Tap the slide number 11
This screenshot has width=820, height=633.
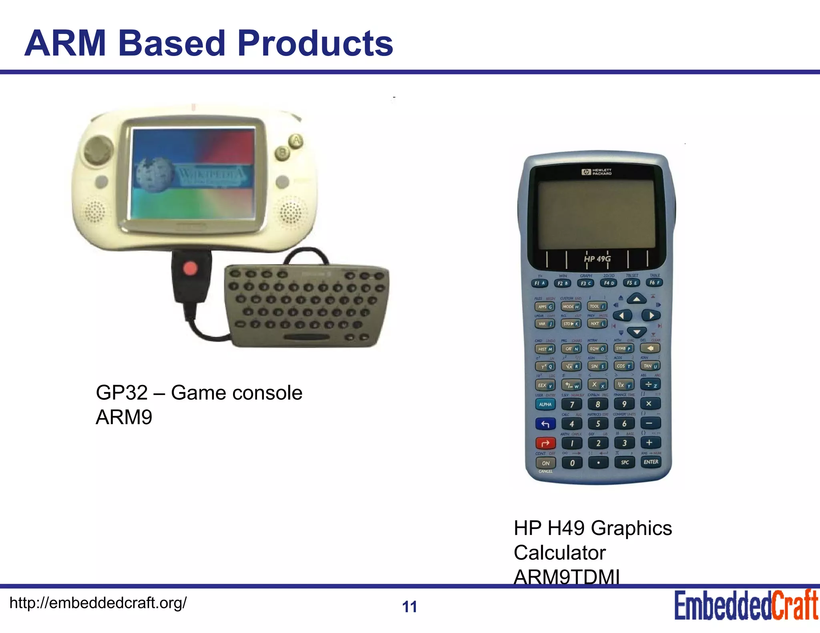click(x=409, y=607)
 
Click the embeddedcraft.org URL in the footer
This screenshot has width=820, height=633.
click(x=98, y=603)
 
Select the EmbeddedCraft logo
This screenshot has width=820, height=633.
click(x=746, y=605)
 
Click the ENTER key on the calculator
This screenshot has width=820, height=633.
click(x=651, y=462)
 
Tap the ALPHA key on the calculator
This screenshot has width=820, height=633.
click(x=545, y=405)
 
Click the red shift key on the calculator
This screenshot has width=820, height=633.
click(x=545, y=443)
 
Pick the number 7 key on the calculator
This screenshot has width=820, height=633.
click(x=572, y=405)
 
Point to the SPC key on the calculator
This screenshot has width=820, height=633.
click(x=625, y=463)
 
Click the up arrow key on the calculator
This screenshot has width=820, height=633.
click(x=637, y=299)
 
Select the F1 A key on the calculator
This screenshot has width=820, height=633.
click(x=540, y=283)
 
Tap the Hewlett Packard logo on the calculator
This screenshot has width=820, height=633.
click(x=597, y=172)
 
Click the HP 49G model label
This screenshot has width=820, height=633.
click(x=597, y=259)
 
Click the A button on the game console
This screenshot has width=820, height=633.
click(x=296, y=141)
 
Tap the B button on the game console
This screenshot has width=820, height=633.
click(x=283, y=152)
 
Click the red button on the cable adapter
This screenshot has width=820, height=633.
click(x=190, y=268)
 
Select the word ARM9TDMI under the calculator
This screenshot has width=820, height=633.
click(x=567, y=577)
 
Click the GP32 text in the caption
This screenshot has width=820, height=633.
click(x=121, y=393)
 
